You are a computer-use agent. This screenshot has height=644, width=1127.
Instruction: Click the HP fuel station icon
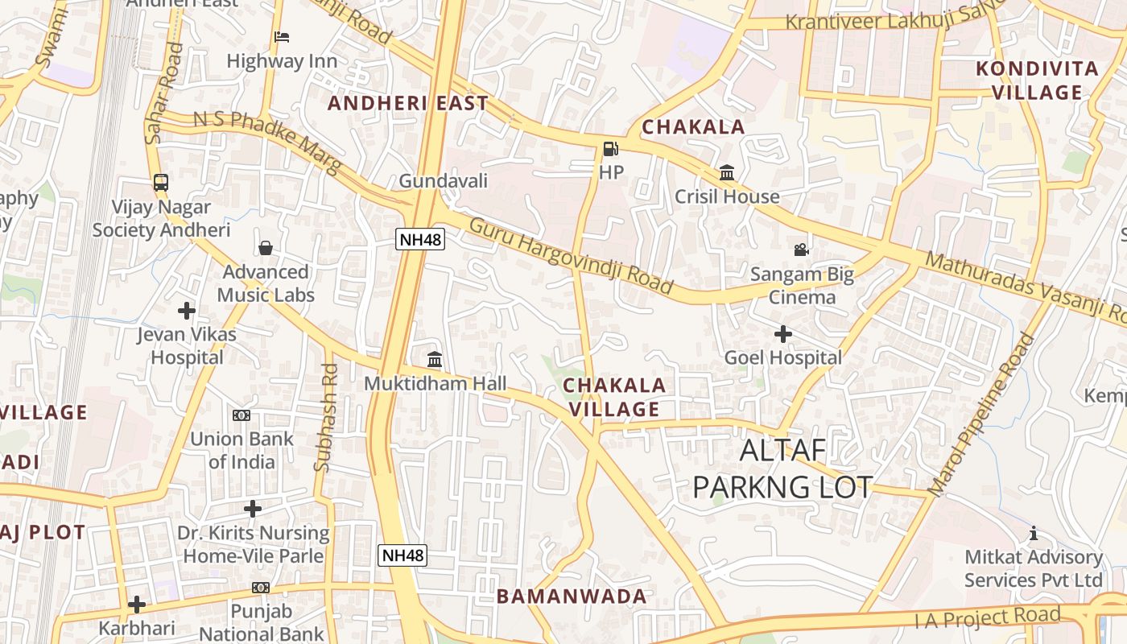[x=610, y=149]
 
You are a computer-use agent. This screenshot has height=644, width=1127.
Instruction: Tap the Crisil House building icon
[x=727, y=172]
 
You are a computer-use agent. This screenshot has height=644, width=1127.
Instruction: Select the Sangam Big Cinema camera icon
[x=801, y=250]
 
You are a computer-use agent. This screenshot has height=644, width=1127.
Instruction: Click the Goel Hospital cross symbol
[x=782, y=333]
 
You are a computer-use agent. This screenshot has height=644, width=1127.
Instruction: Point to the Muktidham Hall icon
[x=435, y=359]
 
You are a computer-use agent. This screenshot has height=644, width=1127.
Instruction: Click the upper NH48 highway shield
[x=420, y=238]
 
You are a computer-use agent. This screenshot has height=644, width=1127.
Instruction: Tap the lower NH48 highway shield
[x=402, y=555]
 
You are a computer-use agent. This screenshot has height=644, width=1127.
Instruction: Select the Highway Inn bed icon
[x=281, y=37]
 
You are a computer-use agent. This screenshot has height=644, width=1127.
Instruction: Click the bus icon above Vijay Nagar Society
[x=161, y=183]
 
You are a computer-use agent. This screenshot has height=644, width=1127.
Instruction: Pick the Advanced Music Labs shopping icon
[x=266, y=248]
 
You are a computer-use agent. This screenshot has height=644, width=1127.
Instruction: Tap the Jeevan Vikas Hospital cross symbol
[x=187, y=310]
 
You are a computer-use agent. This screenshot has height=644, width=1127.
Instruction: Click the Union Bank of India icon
[x=242, y=415]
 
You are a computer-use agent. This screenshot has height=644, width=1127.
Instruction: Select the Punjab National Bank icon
[x=260, y=588]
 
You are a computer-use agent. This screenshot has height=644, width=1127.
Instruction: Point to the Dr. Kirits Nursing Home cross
[x=253, y=509]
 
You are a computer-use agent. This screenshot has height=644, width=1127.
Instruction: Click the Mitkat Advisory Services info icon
[x=1034, y=533]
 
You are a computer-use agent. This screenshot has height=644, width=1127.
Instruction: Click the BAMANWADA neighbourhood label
[x=572, y=597]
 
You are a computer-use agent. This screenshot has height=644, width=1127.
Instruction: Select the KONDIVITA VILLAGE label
[x=1037, y=80]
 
